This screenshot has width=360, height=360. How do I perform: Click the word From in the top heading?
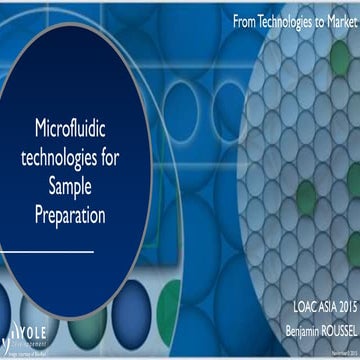[246, 20]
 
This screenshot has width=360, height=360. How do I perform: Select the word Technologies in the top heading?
[295, 20]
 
